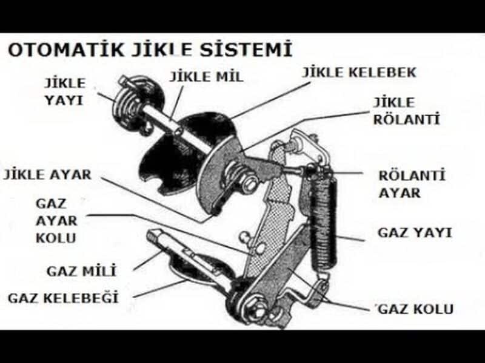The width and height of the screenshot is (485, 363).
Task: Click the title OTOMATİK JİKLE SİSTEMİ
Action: (149, 48)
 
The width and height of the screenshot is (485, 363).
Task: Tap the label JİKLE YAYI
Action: (64, 91)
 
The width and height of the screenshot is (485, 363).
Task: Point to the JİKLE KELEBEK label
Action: (359, 73)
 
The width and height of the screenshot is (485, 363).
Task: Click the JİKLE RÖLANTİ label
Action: (406, 111)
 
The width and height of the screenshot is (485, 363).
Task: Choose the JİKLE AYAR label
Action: (47, 175)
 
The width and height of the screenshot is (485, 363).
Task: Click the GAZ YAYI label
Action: (414, 232)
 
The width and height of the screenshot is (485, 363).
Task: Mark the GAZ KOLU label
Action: (415, 309)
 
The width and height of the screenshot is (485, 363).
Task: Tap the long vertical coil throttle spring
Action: (322, 224)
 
